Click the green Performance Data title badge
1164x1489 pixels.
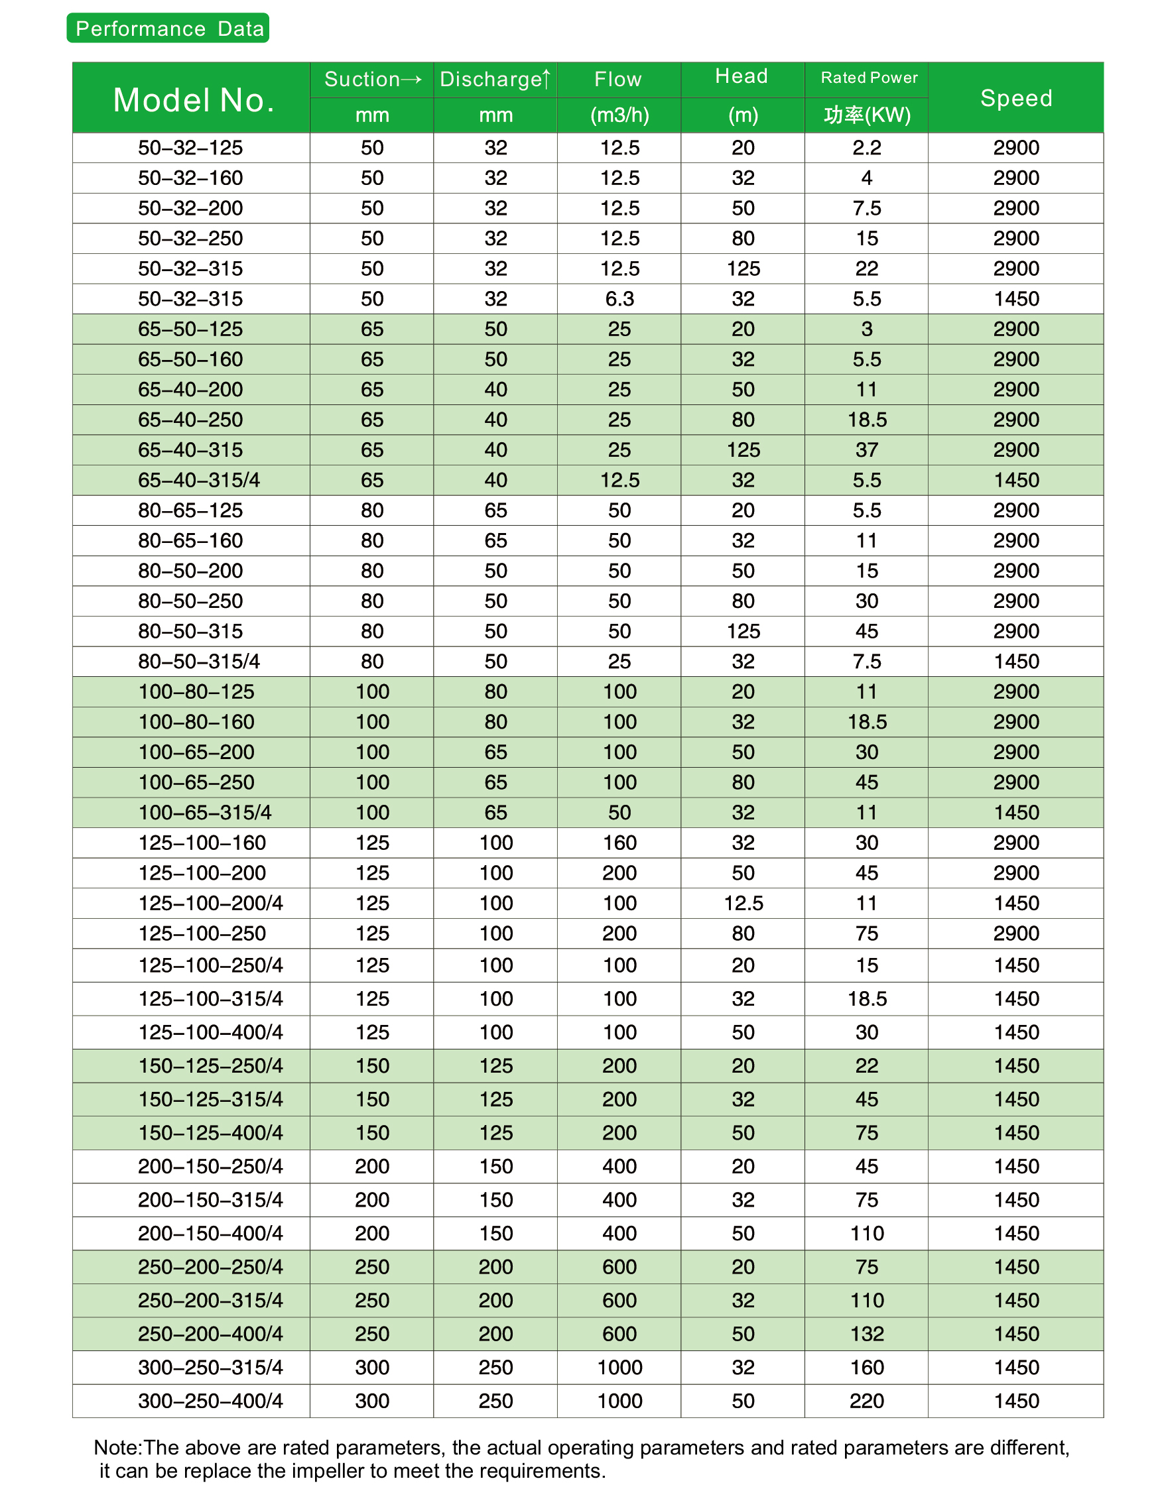168,29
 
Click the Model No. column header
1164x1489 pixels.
194,100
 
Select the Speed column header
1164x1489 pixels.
1015,98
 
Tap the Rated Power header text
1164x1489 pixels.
869,78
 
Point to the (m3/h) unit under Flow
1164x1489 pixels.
619,115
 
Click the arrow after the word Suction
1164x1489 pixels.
411,80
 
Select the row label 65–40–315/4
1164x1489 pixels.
198,480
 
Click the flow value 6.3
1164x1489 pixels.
619,298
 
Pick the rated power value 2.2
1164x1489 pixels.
867,147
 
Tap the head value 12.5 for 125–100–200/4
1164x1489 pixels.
744,904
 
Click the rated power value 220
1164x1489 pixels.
867,1401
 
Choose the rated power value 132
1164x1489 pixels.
867,1335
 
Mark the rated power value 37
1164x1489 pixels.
867,450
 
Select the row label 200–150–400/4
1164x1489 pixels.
210,1233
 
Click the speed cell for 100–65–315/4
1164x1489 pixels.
1016,813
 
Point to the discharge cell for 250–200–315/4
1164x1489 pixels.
495,1301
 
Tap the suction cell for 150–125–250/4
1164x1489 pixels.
372,1065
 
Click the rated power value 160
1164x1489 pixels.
867,1368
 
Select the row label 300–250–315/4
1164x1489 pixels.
210,1368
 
